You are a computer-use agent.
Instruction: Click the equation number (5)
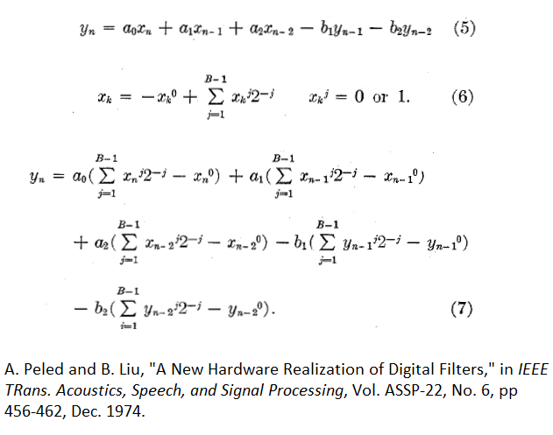pyautogui.click(x=465, y=28)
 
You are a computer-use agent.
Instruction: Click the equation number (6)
pyautogui.click(x=462, y=96)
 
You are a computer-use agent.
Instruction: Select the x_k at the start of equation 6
pyautogui.click(x=105, y=97)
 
